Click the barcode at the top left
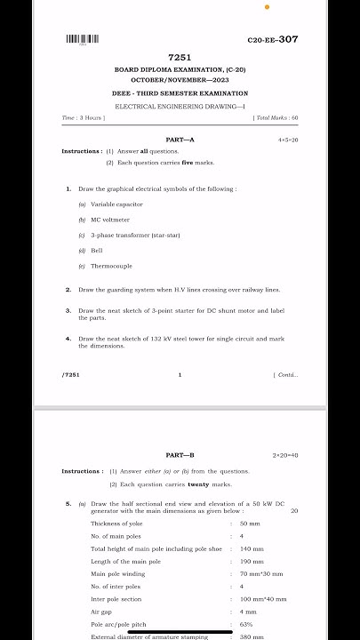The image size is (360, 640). click(83, 39)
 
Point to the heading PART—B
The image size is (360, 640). click(180, 455)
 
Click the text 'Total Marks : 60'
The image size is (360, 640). click(276, 117)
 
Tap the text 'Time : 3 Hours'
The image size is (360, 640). click(84, 117)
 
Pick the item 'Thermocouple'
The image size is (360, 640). click(111, 266)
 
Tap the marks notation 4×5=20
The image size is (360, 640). click(288, 140)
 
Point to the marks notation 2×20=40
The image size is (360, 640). click(285, 455)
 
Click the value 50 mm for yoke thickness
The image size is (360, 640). click(250, 524)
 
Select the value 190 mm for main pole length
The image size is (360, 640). click(252, 562)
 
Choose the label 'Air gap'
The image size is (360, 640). click(101, 612)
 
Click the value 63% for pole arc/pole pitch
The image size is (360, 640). click(246, 624)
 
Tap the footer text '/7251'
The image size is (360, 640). click(71, 375)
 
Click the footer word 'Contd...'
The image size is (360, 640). click(288, 375)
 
